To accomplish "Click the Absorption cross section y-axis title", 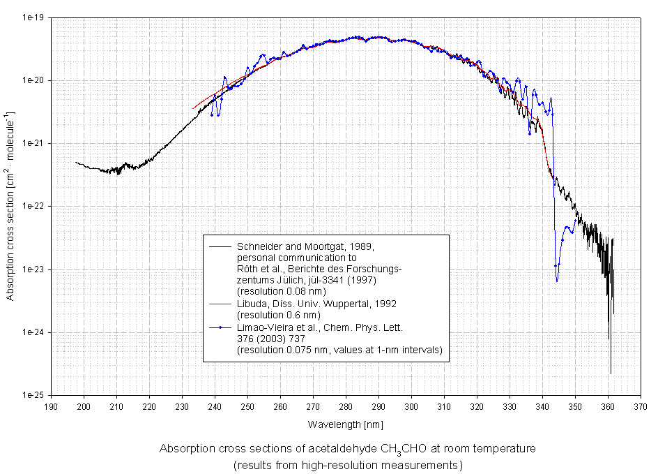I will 11,206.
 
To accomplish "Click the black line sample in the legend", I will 220,246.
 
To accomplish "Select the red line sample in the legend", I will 220,304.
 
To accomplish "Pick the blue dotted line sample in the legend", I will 220,327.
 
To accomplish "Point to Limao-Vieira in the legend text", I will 267,327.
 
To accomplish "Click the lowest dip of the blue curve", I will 557,281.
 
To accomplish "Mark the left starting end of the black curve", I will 76,162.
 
